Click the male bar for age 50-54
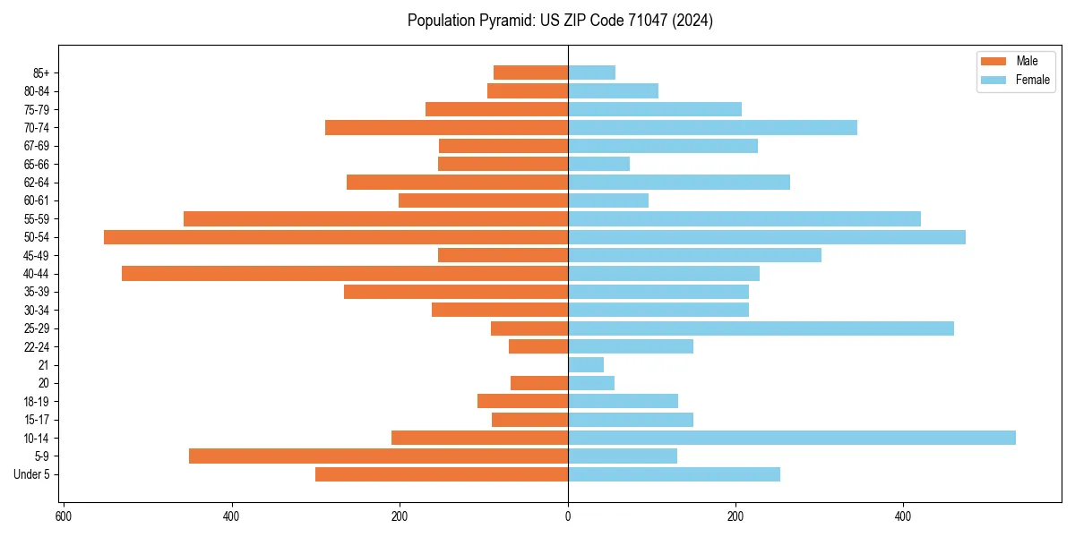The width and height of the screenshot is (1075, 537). click(x=336, y=237)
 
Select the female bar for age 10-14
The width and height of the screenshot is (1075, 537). click(x=792, y=438)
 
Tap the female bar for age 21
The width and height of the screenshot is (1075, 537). click(x=586, y=364)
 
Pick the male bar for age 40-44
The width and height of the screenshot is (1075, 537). click(x=345, y=273)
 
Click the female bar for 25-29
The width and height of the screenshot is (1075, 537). click(x=761, y=328)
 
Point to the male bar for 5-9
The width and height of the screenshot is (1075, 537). click(x=378, y=456)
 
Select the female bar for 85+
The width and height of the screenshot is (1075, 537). click(x=591, y=72)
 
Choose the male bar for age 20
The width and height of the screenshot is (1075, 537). click(x=539, y=383)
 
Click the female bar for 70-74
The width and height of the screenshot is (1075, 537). click(x=712, y=127)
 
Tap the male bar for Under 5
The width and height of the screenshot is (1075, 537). click(x=442, y=474)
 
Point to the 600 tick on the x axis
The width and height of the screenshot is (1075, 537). click(x=64, y=516)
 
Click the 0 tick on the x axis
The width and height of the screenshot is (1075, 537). click(x=568, y=516)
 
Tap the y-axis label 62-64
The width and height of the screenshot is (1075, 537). click(x=37, y=183)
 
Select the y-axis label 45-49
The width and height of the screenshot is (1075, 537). click(x=37, y=255)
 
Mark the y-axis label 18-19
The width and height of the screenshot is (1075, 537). click(x=37, y=401)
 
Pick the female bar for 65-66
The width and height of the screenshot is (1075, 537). click(x=598, y=164)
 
